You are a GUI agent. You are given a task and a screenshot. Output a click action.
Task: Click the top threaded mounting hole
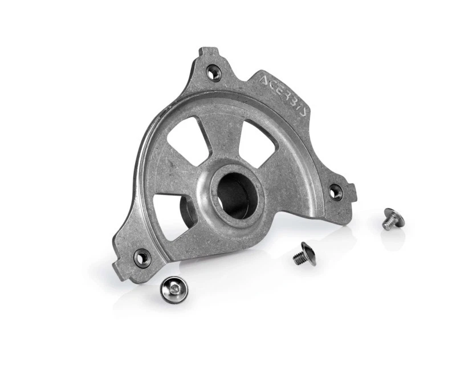[x=213, y=72]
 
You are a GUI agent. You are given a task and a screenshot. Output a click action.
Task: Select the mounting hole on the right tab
[x=335, y=192]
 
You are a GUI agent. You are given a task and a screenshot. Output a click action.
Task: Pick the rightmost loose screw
[x=391, y=218]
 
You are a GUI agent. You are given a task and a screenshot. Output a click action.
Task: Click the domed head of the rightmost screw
[x=393, y=214]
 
